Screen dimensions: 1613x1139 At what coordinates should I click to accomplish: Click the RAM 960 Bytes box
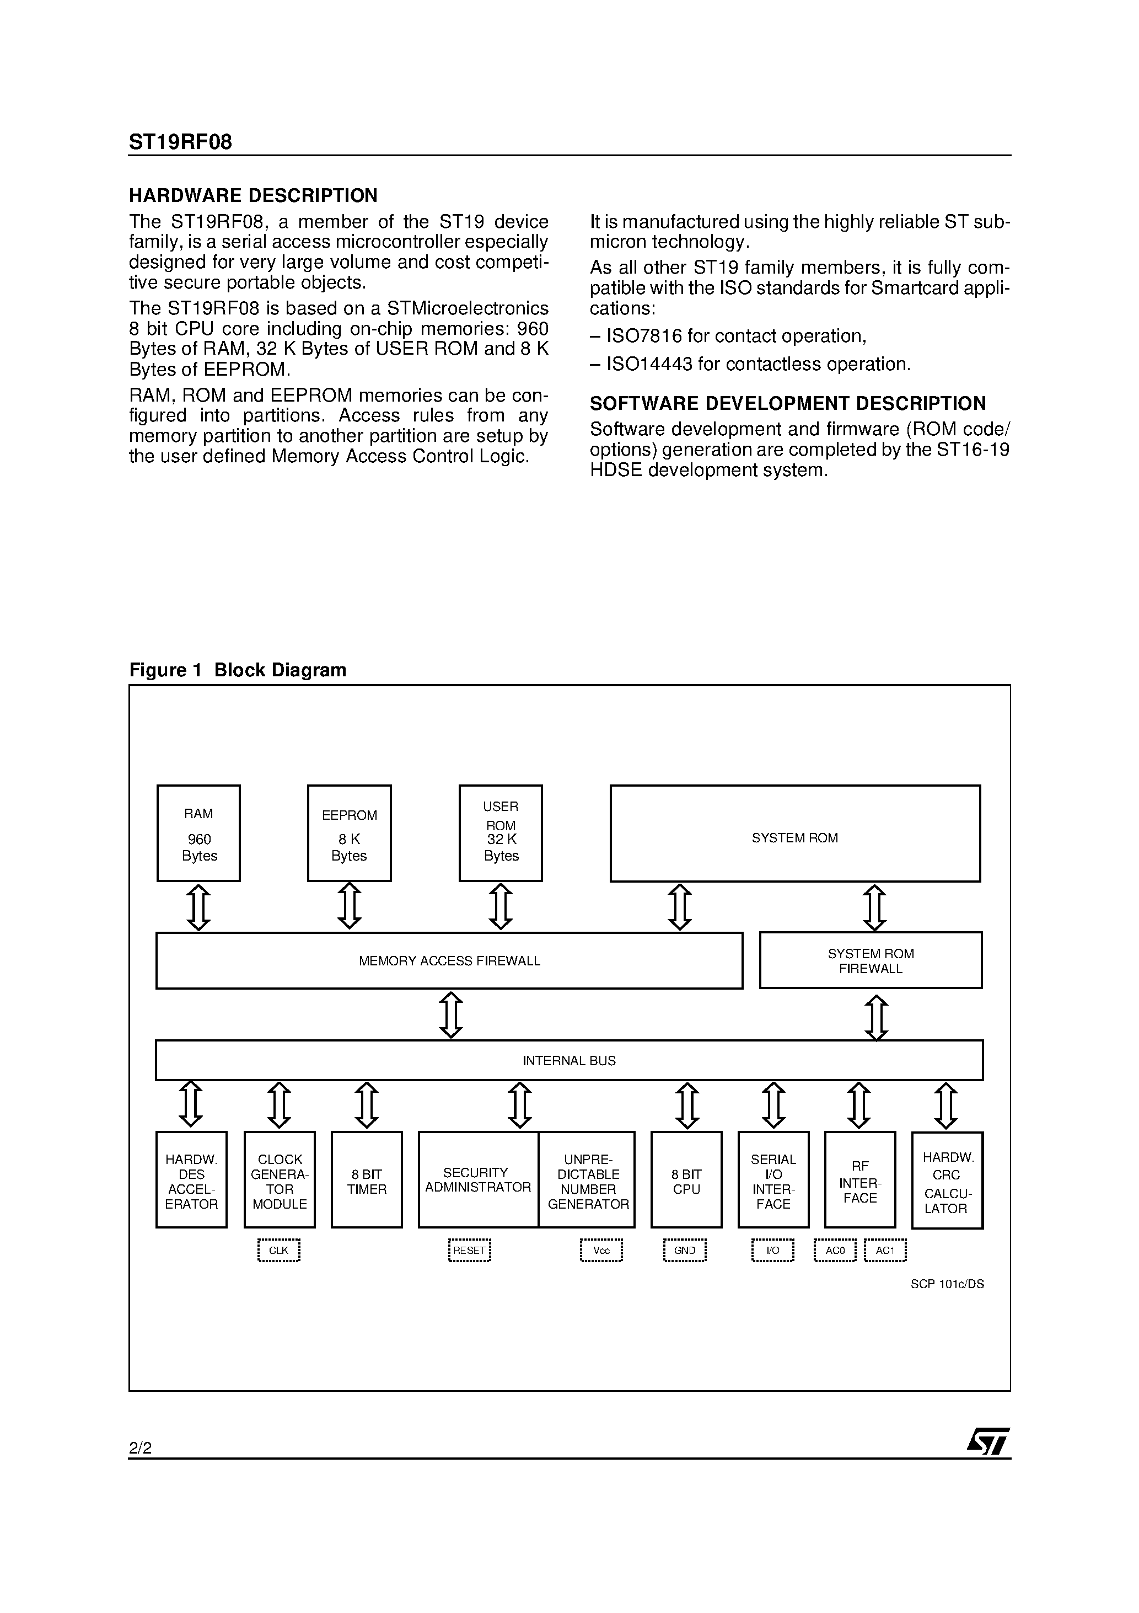(x=198, y=833)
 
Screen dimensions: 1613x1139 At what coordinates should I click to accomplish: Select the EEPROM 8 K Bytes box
(x=349, y=833)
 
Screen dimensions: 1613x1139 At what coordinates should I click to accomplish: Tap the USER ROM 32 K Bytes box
(x=501, y=833)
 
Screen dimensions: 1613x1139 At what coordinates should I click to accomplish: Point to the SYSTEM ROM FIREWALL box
(x=871, y=960)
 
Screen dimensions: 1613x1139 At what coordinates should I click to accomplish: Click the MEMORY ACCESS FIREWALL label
(x=449, y=961)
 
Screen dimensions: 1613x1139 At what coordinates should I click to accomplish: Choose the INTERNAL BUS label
(x=569, y=1061)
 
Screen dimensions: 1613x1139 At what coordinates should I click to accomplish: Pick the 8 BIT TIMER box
(x=367, y=1182)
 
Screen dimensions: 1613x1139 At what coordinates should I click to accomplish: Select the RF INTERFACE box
(x=859, y=1182)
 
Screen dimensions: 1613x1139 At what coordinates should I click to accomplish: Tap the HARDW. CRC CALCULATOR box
(x=947, y=1182)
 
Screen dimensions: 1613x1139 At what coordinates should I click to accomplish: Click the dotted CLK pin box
(x=279, y=1251)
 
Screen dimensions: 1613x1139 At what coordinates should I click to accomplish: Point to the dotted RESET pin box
(x=469, y=1251)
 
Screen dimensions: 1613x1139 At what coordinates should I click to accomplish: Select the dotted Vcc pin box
(x=601, y=1251)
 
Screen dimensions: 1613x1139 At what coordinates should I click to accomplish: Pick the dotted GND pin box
(x=685, y=1251)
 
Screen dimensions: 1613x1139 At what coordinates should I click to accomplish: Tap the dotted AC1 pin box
(x=885, y=1251)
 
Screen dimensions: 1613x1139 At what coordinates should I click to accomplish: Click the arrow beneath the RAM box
(x=198, y=907)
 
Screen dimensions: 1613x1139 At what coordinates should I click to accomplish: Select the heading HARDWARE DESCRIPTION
(x=254, y=195)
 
